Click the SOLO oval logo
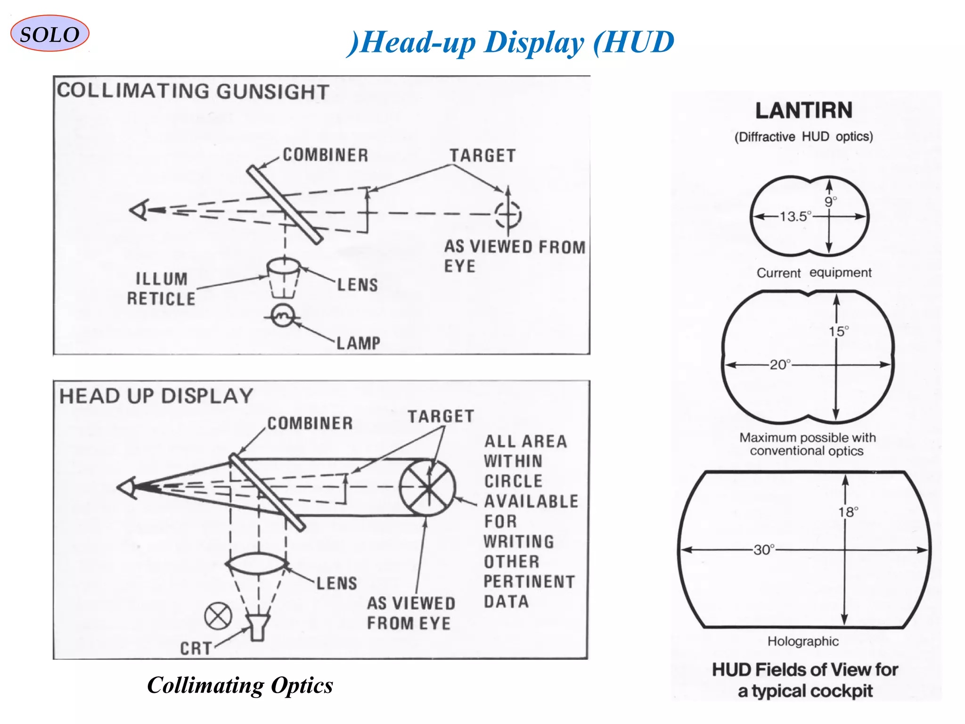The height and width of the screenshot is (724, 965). tap(49, 34)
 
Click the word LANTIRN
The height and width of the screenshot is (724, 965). tap(804, 111)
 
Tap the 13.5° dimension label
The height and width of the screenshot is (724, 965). tap(795, 217)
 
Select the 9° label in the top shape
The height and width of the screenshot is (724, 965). tap(831, 202)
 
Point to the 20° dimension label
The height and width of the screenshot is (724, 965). tap(780, 365)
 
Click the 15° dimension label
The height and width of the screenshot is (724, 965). tap(839, 331)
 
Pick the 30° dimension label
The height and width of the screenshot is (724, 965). tap(764, 550)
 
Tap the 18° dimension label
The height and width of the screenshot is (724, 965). tap(848, 512)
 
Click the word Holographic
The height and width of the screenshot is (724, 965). tap(803, 642)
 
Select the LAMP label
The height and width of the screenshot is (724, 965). tap(358, 343)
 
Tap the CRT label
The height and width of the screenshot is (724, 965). tap(196, 649)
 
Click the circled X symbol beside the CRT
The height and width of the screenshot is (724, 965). tap(218, 616)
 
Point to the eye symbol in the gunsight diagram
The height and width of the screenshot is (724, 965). tap(140, 210)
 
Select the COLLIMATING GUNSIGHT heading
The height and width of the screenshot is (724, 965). tap(193, 91)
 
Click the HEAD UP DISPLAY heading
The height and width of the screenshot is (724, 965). tap(156, 396)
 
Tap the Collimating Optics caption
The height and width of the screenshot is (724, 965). tap(240, 685)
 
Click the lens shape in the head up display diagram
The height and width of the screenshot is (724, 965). tap(257, 564)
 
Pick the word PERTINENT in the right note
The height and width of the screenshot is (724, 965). tap(529, 582)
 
